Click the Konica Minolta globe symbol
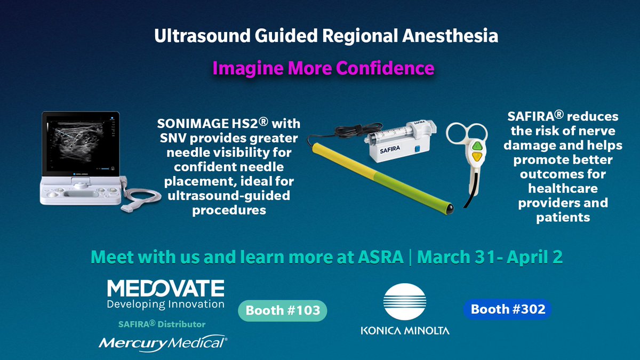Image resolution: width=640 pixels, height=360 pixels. pyautogui.click(x=405, y=301)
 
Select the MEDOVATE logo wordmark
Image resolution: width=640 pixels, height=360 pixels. pyautogui.click(x=165, y=289)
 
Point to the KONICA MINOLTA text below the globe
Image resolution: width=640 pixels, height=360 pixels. pyautogui.click(x=405, y=330)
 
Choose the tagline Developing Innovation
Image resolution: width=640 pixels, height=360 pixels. pyautogui.click(x=165, y=305)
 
